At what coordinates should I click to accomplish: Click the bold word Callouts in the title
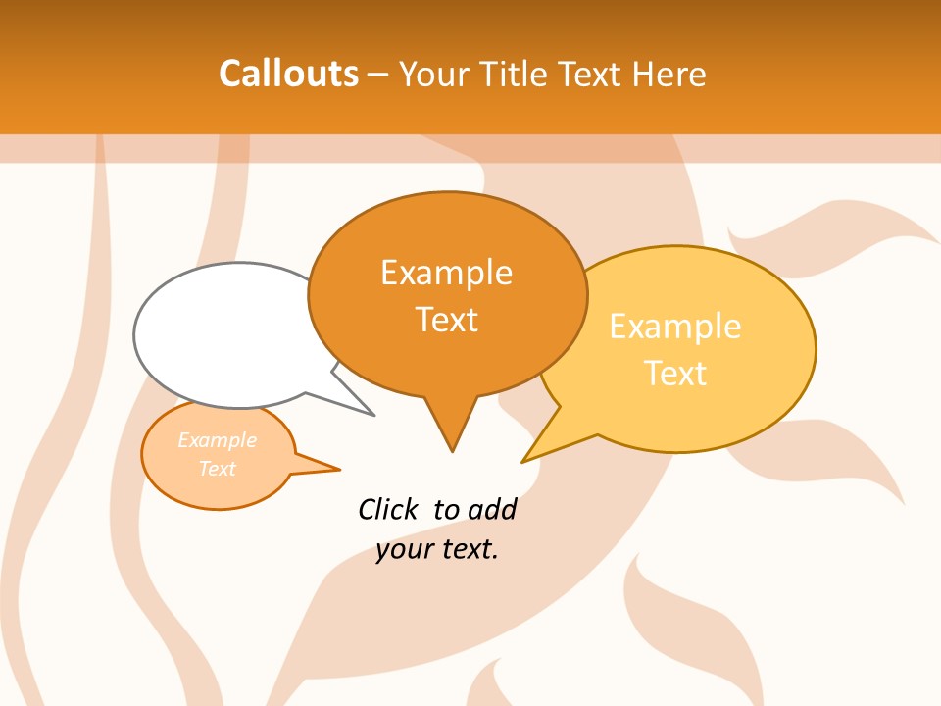(288, 74)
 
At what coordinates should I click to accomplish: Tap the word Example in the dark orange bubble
(446, 273)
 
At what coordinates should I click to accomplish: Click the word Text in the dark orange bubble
(446, 320)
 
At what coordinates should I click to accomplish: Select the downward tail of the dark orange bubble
(452, 431)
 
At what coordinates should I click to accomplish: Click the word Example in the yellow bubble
(675, 327)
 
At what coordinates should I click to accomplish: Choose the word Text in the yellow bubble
(675, 374)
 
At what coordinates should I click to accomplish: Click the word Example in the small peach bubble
(217, 440)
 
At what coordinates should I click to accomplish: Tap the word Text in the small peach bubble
(217, 469)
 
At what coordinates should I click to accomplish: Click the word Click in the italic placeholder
(388, 509)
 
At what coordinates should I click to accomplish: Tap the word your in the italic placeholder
(402, 549)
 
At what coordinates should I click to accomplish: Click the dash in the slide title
(378, 75)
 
